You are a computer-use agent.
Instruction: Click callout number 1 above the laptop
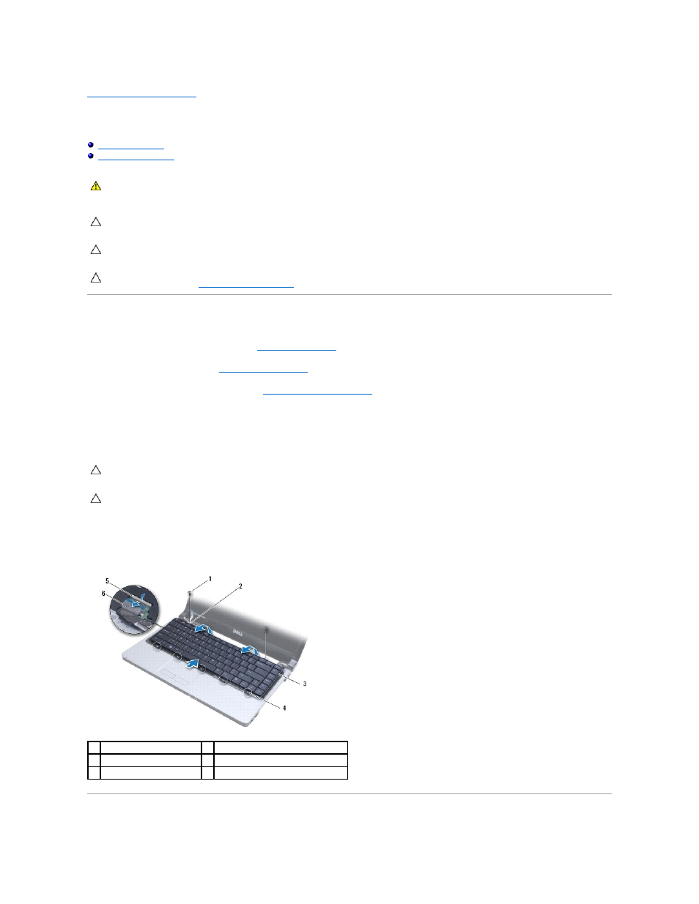[210, 579]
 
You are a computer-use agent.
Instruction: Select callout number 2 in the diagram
[240, 586]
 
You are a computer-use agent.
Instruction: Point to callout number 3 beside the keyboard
[305, 684]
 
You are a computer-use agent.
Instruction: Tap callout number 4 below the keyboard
[284, 708]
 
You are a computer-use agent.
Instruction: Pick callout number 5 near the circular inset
[107, 580]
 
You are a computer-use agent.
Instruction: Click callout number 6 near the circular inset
[103, 594]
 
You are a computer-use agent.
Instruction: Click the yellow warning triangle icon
[96, 186]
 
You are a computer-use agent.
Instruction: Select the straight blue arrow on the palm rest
[192, 664]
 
